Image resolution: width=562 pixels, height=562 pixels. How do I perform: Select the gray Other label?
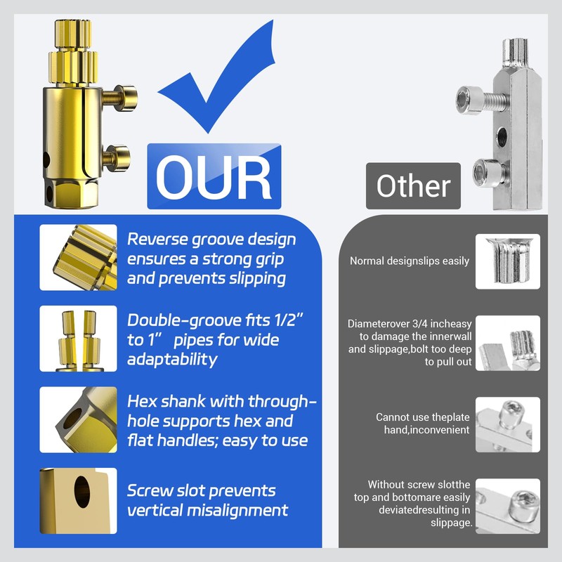click(413, 186)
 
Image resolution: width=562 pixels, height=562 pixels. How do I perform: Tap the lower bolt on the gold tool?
click(117, 155)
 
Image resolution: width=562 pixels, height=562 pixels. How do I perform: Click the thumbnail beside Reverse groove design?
click(78, 258)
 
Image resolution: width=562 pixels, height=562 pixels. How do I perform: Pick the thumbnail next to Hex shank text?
click(78, 419)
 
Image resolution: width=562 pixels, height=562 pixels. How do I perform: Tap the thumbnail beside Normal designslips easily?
click(508, 261)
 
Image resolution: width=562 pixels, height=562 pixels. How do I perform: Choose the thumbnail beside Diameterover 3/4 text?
click(508, 343)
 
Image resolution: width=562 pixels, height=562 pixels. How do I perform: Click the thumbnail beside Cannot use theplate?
click(508, 424)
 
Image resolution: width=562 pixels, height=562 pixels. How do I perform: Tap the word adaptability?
click(172, 360)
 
